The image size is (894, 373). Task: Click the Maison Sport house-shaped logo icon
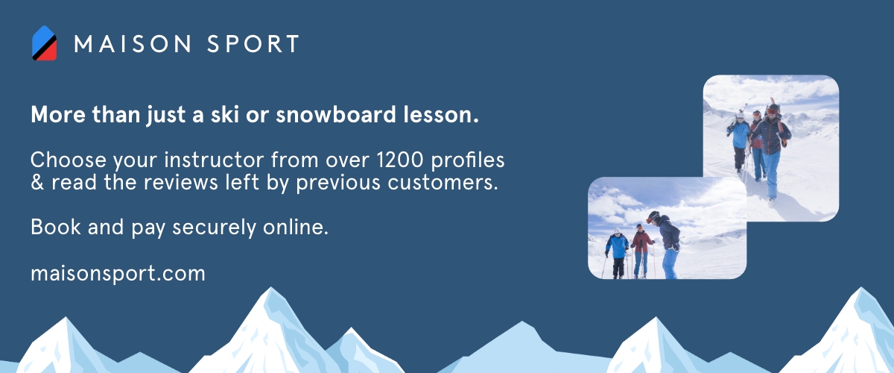pyautogui.click(x=44, y=43)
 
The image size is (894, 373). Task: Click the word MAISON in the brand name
pyautogui.click(x=133, y=43)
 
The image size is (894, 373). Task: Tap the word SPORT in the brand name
pyautogui.click(x=253, y=43)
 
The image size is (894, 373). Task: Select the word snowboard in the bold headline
pyautogui.click(x=336, y=115)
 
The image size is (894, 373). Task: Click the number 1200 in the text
pyautogui.click(x=399, y=160)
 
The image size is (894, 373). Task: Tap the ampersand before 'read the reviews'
pyautogui.click(x=37, y=182)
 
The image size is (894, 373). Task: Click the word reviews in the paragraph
pyautogui.click(x=181, y=182)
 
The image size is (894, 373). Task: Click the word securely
pyautogui.click(x=214, y=227)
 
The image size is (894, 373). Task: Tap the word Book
pyautogui.click(x=55, y=227)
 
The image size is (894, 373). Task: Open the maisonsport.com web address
pyautogui.click(x=118, y=274)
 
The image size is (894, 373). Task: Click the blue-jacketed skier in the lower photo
pyautogui.click(x=617, y=253)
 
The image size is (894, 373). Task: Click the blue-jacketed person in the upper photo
pyautogui.click(x=739, y=142)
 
